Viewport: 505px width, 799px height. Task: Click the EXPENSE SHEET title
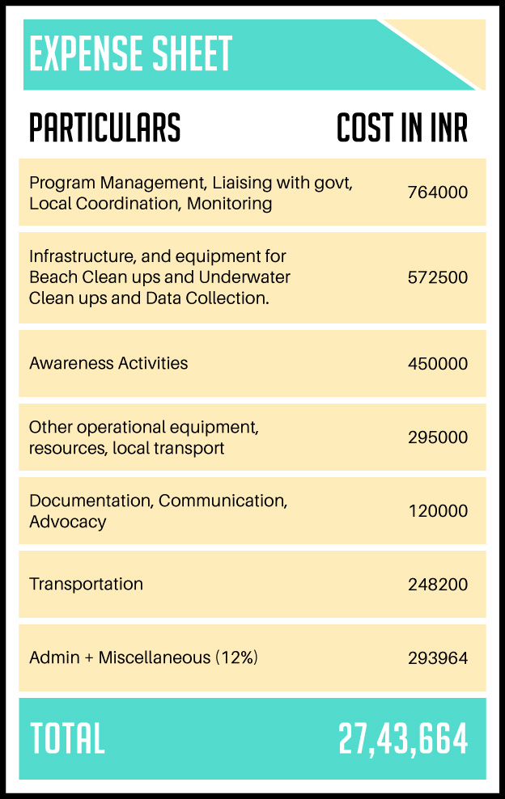[130, 54]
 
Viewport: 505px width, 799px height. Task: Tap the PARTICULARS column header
[105, 128]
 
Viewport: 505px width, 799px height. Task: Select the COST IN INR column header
[402, 128]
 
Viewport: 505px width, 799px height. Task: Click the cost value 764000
[438, 192]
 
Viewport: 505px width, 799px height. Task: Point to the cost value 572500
[438, 277]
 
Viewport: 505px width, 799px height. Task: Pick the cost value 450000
[438, 364]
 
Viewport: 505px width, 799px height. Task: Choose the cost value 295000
[438, 438]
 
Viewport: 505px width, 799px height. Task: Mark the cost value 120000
[438, 511]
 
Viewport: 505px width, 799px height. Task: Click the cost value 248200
[438, 584]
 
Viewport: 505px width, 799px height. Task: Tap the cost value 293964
[438, 657]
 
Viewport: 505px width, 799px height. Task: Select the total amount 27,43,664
[403, 739]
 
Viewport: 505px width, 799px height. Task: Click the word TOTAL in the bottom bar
[67, 739]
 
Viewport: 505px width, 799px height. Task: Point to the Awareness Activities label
[108, 363]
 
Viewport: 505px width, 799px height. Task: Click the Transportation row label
[86, 584]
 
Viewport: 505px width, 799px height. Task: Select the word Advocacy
[67, 522]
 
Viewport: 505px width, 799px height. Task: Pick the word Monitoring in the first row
[229, 203]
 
